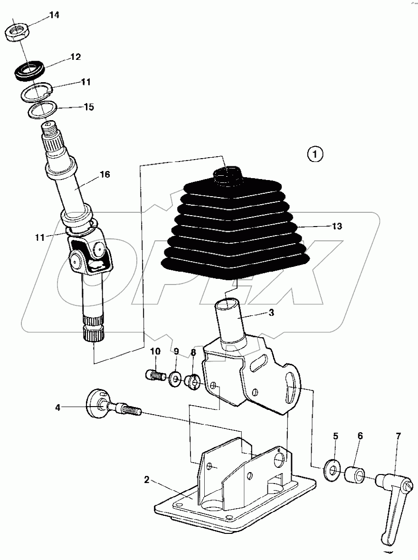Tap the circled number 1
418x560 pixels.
coord(316,154)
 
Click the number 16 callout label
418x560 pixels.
coord(104,175)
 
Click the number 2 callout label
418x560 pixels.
coord(147,480)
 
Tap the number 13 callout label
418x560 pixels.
coord(336,227)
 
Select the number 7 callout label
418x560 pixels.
coord(398,436)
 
